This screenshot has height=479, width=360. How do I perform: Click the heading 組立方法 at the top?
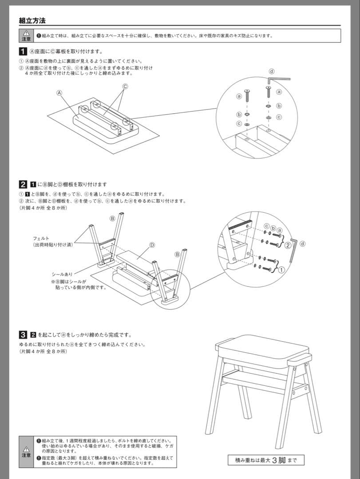click(32, 20)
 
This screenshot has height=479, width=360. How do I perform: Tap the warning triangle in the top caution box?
click(26, 33)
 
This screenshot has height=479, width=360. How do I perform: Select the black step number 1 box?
click(23, 51)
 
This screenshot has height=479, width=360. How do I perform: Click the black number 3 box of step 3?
click(23, 334)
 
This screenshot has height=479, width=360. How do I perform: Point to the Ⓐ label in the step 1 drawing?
click(59, 93)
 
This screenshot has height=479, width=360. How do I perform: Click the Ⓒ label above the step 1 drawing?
click(125, 86)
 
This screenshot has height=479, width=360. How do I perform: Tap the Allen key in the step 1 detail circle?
click(278, 80)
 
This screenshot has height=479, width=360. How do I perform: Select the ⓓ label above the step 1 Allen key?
click(272, 71)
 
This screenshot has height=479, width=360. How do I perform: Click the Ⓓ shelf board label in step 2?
click(152, 245)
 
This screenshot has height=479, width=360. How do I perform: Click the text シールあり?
click(62, 275)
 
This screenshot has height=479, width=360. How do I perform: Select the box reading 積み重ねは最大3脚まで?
click(266, 460)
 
